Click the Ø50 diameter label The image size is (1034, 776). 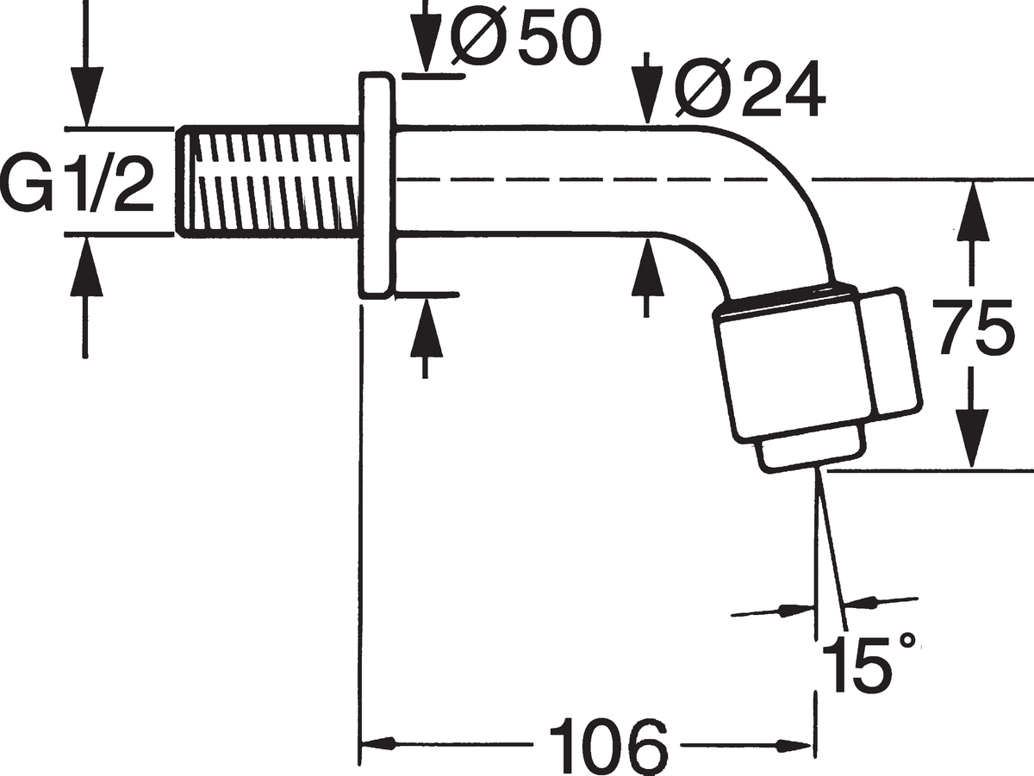tap(526, 37)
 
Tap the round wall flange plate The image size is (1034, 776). tap(377, 185)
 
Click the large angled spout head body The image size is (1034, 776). tap(818, 363)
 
